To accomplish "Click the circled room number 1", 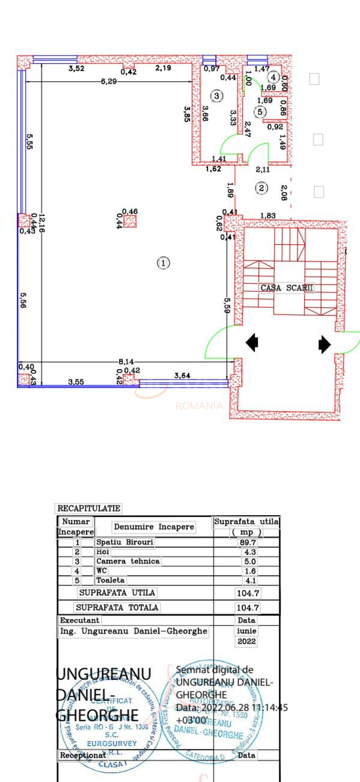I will tap(163, 263).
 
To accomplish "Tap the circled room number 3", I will tap(216, 96).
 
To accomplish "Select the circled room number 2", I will tap(261, 188).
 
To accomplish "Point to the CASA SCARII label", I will tap(287, 288).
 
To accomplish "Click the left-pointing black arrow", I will tap(252, 343).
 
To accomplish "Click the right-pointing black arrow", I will tap(325, 344).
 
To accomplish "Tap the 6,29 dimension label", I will tap(109, 81).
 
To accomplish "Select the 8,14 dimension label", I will tap(126, 361).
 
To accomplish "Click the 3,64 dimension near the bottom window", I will tap(182, 376).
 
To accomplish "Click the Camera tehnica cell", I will tap(128, 561).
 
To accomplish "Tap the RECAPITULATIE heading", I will tap(88, 509).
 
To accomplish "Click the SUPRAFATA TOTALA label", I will tap(117, 608).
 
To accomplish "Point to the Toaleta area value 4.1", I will tap(248, 580).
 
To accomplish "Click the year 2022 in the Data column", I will tap(246, 642).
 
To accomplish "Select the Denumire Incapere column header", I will tap(154, 527).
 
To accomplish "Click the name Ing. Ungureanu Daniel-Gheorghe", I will tap(133, 631).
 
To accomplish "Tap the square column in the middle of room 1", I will tap(130, 221).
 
